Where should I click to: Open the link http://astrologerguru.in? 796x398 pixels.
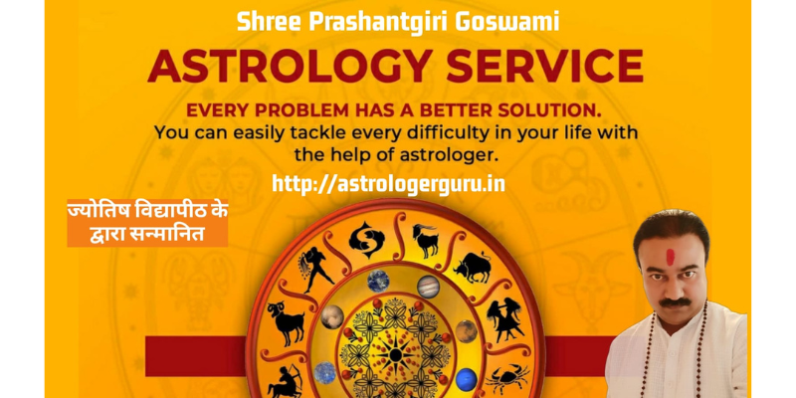coord(388,183)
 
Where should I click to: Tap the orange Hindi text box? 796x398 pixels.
coord(147,222)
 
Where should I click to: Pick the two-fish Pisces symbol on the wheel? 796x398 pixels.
coord(366,239)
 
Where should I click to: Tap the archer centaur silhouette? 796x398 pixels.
coord(284,382)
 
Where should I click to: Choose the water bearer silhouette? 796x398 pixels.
coord(315,268)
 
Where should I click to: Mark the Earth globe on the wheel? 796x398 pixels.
coord(378,281)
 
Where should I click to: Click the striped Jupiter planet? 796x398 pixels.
coord(429,287)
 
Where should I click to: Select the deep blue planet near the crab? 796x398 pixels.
coord(466,380)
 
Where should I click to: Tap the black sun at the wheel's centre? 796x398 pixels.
coord(395,354)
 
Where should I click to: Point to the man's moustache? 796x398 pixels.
coord(676,302)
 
